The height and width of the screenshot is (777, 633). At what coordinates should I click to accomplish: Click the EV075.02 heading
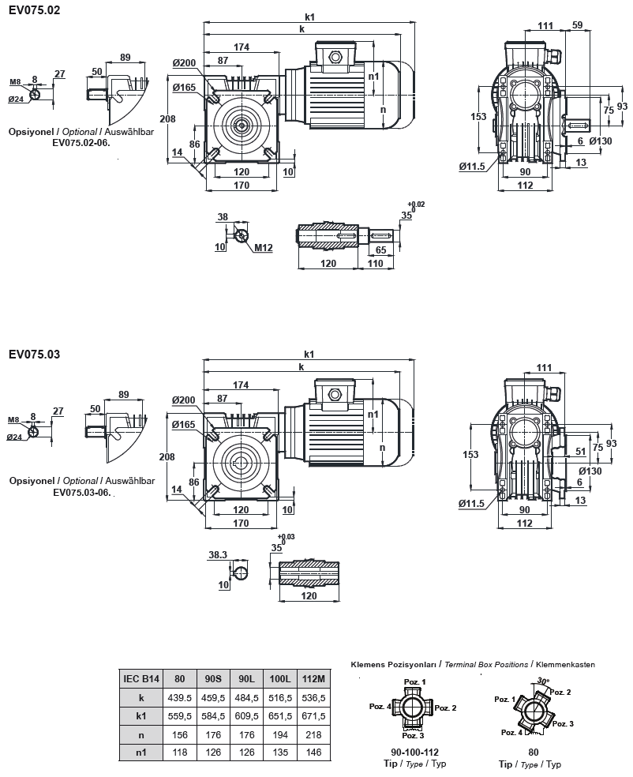point(34,10)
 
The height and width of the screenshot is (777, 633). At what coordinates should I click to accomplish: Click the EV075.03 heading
point(34,355)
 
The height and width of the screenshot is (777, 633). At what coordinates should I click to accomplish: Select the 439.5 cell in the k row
point(179,699)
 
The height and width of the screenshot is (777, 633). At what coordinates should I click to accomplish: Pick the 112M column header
point(314,678)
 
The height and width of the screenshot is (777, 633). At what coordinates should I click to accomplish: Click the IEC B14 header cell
point(141,678)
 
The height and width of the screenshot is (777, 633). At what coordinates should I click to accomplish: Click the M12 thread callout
point(264,248)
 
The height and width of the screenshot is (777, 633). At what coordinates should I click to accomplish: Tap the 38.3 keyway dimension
point(218,555)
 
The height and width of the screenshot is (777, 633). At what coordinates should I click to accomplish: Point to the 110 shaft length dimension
point(375,263)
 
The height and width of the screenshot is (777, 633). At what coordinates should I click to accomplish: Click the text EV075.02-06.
point(81,143)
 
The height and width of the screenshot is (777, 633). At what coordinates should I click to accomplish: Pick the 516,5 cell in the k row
point(281,699)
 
